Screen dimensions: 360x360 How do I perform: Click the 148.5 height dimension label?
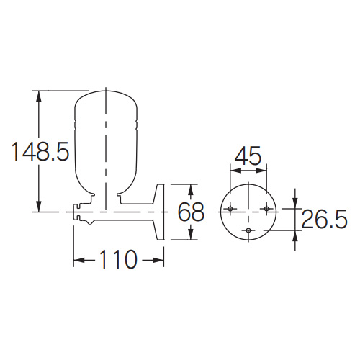40,151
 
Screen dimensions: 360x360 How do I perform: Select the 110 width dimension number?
118,259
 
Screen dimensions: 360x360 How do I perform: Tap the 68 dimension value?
191,212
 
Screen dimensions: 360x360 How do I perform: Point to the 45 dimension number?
248,156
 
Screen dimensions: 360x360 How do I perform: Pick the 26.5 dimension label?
324,219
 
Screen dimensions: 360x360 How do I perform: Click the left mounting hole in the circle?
230,209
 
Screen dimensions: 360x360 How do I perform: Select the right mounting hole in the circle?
266,209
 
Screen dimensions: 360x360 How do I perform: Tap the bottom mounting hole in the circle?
248,230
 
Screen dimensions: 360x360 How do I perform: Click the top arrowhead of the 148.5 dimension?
38,97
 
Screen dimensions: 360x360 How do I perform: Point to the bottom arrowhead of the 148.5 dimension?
38,205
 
